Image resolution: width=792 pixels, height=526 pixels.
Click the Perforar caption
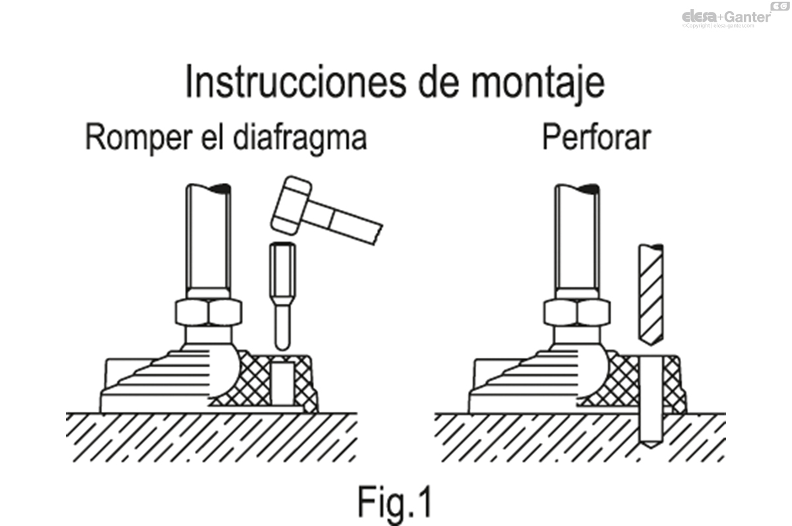coord(596,139)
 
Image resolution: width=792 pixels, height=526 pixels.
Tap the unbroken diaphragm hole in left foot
coord(282,382)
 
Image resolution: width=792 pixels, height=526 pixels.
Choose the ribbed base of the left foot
coord(158,383)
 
